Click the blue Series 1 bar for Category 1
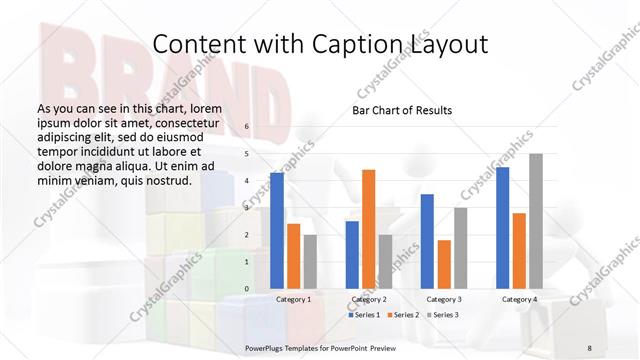277,230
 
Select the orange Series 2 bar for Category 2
369,229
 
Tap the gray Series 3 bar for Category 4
536,221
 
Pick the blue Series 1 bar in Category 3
427,241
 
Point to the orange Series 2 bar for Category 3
444,264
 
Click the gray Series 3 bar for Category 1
310,261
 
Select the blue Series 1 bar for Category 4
502,227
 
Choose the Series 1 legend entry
364,315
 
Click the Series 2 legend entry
404,315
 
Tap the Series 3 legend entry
444,315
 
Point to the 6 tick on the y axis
247,127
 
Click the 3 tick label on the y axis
247,208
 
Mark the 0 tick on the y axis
247,289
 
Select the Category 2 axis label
369,299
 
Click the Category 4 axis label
519,299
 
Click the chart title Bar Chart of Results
402,110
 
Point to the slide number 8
590,347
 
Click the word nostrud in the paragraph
165,180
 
